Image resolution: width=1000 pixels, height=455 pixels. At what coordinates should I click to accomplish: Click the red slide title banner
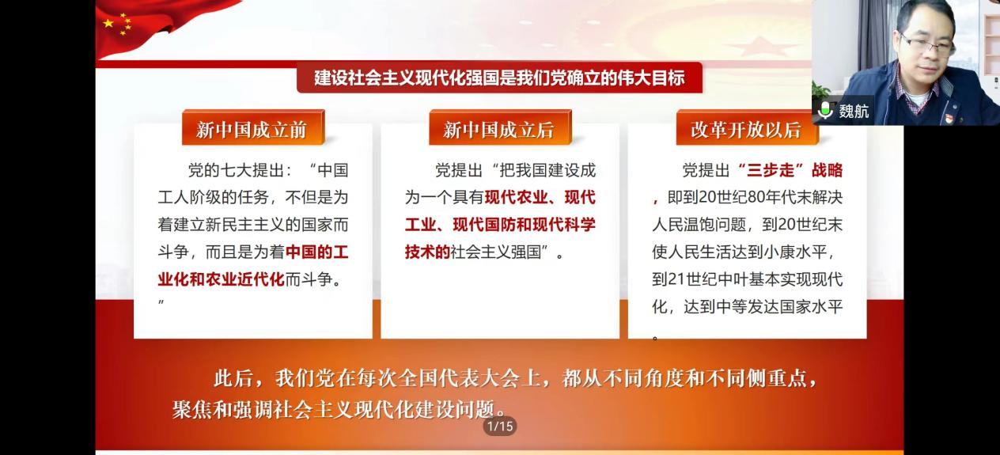coord(499,78)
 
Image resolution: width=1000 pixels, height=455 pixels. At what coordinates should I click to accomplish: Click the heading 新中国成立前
coord(252,130)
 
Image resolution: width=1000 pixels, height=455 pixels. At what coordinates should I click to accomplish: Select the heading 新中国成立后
coord(498,130)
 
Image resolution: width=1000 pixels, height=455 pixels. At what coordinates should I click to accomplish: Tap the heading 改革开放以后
coord(746,130)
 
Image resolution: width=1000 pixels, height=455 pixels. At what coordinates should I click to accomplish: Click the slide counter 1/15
coord(500,426)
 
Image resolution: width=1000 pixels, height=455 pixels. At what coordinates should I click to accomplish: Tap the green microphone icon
coord(825,110)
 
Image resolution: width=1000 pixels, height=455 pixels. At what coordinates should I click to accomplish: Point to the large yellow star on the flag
coord(108,23)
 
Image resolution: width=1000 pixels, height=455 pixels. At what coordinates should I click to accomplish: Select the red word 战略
coord(827,170)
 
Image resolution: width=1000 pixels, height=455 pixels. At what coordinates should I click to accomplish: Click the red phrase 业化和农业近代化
coord(221,279)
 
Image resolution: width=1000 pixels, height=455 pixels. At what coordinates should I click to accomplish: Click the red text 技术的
coord(427,252)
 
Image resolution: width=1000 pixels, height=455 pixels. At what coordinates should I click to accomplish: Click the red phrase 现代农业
coord(516,197)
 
